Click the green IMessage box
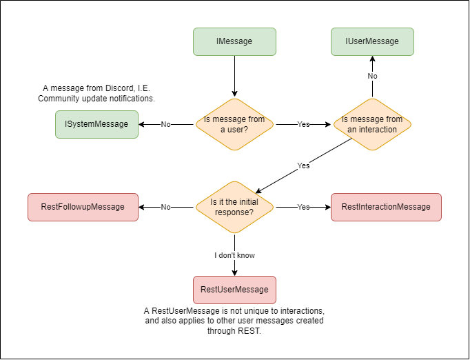[x=234, y=41]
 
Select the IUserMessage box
[x=372, y=41]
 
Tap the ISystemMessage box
[x=96, y=124]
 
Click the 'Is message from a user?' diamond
[x=234, y=124]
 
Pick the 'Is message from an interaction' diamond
[x=372, y=124]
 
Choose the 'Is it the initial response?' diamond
[x=234, y=207]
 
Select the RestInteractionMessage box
[x=386, y=207]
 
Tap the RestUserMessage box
[x=234, y=290]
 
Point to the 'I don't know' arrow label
[x=234, y=255]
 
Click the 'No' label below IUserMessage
[x=372, y=76]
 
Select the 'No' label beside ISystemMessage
[x=165, y=125]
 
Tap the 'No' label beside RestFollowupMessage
[x=165, y=207]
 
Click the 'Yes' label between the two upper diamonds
[x=303, y=125]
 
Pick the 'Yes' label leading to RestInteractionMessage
[x=303, y=207]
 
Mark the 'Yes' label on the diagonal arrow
[x=303, y=166]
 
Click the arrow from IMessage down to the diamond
[x=234, y=76]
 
